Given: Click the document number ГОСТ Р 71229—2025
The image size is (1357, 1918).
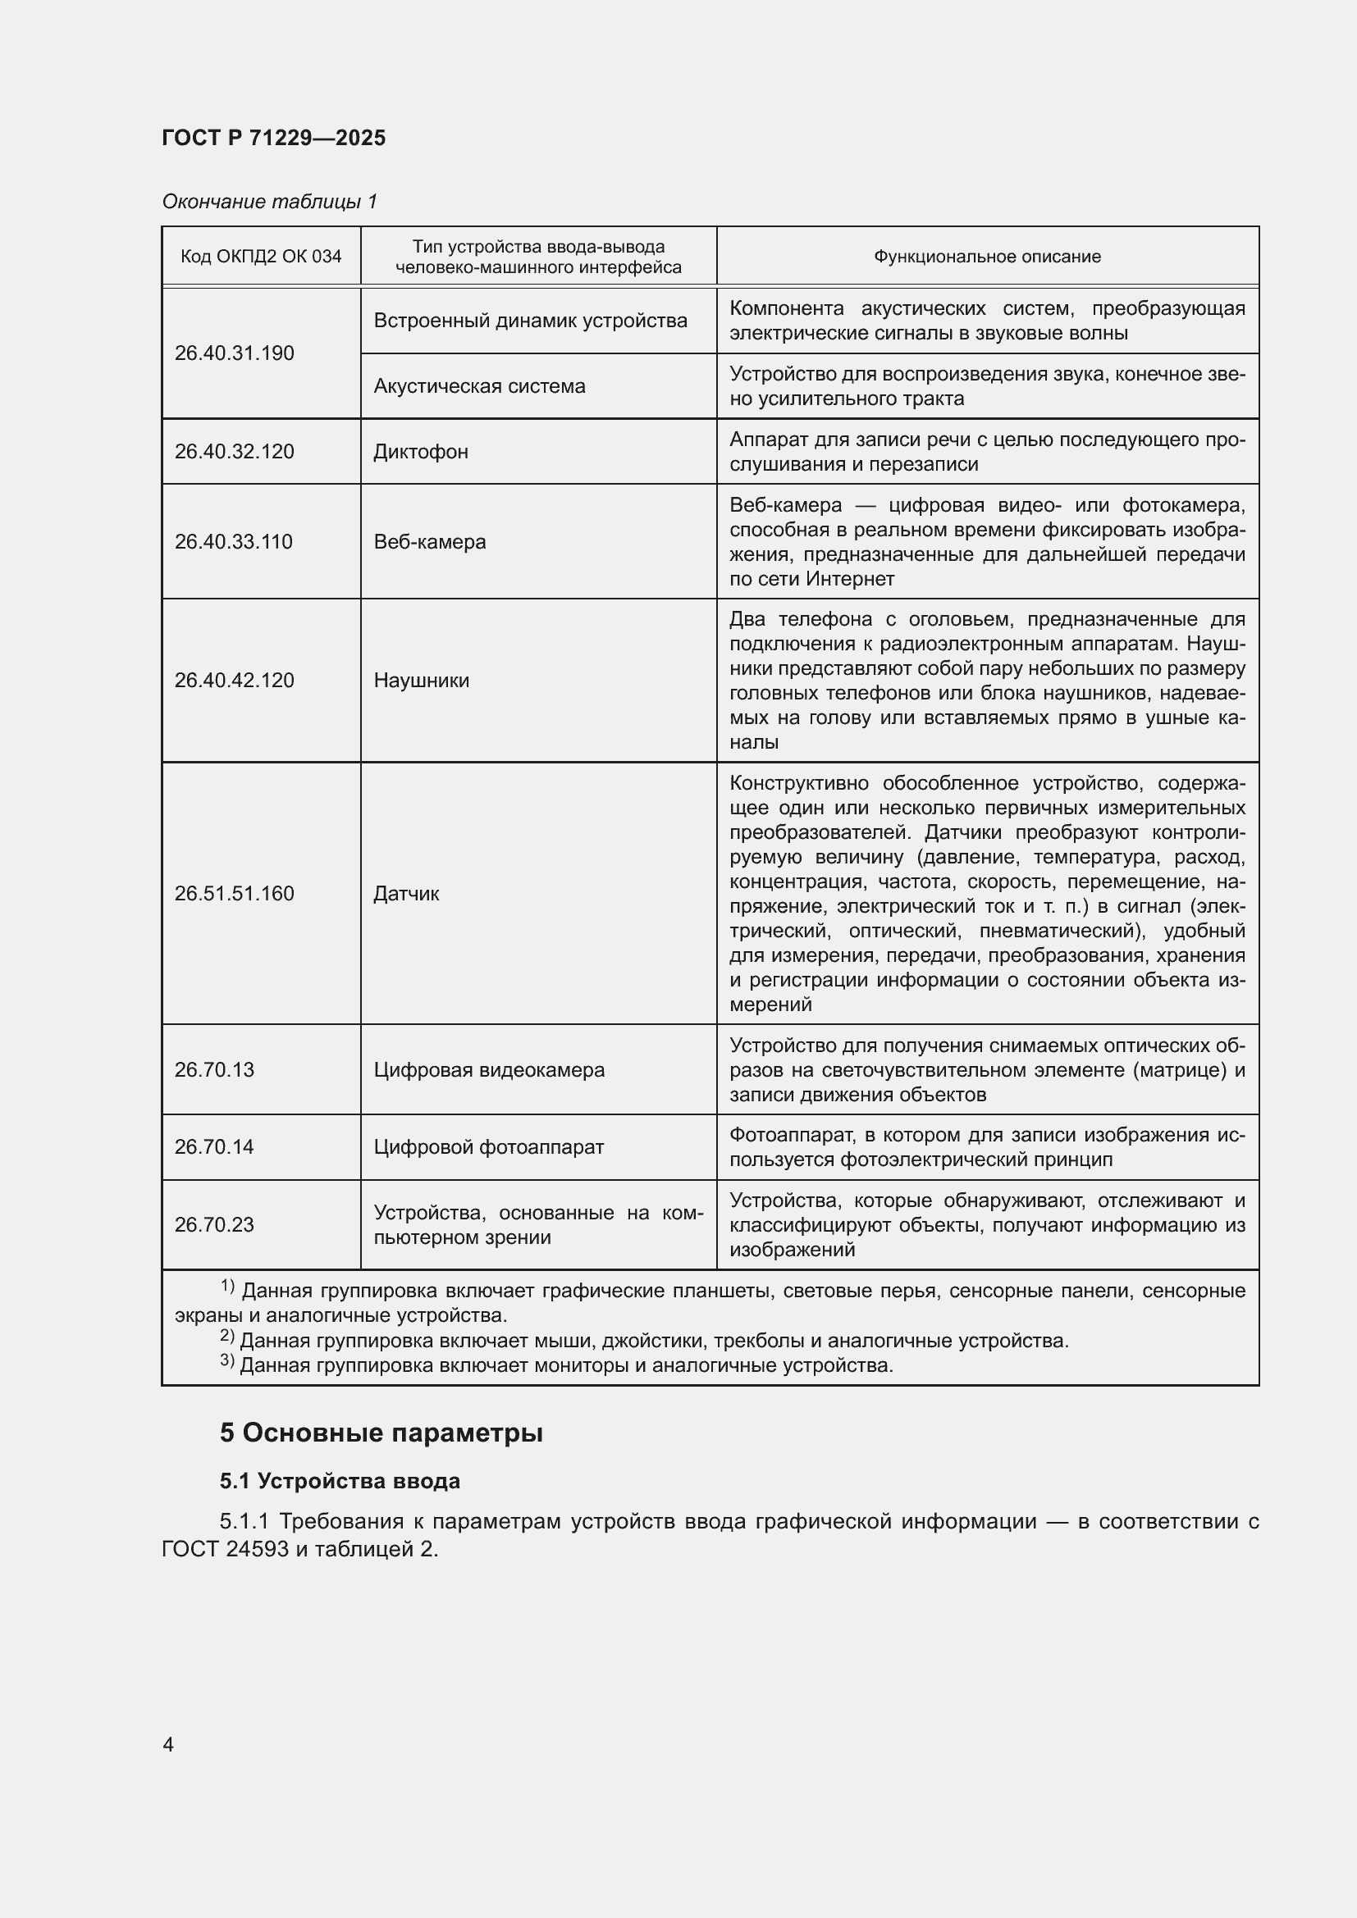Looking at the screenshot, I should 273,138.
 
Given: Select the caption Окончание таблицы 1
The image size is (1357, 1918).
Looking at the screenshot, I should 269,202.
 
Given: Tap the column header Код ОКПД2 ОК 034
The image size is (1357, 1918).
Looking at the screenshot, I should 261,257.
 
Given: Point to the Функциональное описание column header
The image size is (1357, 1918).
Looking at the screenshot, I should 987,257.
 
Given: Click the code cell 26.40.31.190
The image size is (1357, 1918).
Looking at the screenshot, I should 234,353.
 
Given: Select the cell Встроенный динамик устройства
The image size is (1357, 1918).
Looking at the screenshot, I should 530,321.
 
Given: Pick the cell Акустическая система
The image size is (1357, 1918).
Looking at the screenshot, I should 479,386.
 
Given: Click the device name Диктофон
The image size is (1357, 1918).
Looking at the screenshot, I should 420,452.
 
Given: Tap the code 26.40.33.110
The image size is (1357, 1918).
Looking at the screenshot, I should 233,542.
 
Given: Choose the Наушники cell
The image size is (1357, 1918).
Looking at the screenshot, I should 421,681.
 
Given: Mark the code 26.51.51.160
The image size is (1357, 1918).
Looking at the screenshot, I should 234,894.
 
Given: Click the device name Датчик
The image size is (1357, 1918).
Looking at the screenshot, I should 406,894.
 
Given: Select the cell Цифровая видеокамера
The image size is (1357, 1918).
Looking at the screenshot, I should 489,1070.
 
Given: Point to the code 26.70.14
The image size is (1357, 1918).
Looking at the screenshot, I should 214,1147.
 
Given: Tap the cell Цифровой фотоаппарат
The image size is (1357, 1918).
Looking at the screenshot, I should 488,1147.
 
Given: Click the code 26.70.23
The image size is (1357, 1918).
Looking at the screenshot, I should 214,1224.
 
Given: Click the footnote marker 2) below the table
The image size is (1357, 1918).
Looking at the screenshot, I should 227,1337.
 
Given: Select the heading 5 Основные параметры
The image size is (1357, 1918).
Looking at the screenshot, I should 381,1433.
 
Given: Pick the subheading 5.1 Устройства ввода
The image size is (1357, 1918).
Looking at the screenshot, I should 340,1481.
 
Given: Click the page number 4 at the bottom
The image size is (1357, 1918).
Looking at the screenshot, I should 168,1745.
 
